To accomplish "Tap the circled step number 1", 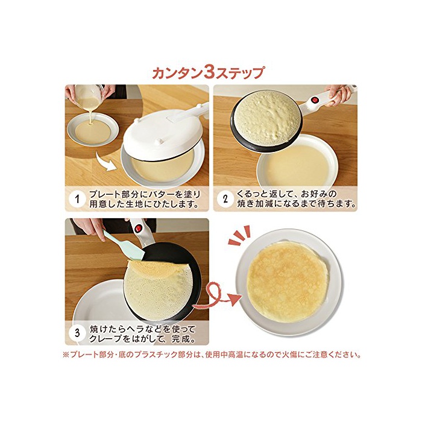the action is point(78,199).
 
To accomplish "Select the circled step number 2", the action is point(225,199).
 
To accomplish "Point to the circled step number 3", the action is point(78,333).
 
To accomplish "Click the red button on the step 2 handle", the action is point(315,100).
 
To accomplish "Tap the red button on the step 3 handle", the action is point(138,228).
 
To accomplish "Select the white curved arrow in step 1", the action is point(107,162).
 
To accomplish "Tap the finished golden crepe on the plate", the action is point(288,281).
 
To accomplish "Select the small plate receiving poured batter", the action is point(93,131).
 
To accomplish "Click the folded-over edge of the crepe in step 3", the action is point(150,268).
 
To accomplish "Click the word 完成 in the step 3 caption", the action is point(181,338).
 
